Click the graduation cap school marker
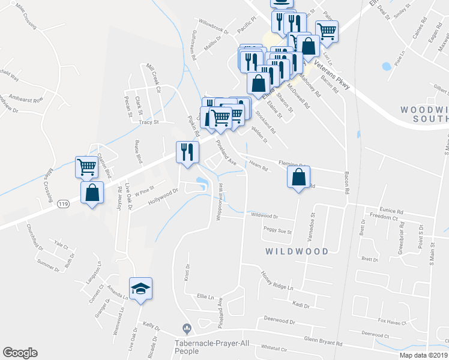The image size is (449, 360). pyautogui.click(x=140, y=289)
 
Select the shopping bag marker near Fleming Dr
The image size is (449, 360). pyautogui.click(x=298, y=178)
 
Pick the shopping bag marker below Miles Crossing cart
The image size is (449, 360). pyautogui.click(x=92, y=193)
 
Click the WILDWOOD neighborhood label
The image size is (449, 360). pyautogui.click(x=298, y=251)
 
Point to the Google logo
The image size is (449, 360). pyautogui.click(x=20, y=353)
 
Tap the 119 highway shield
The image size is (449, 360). pyautogui.click(x=64, y=205)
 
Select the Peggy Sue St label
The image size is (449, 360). pyautogui.click(x=277, y=230)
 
